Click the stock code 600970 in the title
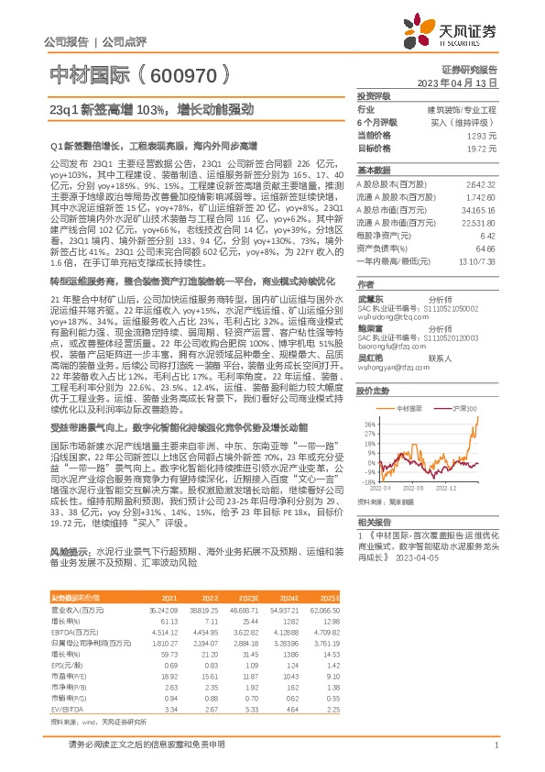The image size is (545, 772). (180, 74)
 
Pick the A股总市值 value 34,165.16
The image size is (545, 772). (479, 210)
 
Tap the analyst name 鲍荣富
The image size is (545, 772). (372, 303)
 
